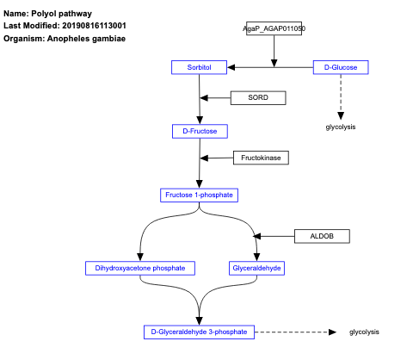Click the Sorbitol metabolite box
click(200, 67)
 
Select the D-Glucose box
click(341, 67)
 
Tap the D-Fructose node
click(200, 131)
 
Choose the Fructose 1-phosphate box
click(199, 195)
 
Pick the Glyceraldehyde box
click(256, 268)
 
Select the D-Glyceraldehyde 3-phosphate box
click(199, 332)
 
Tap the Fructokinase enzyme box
click(262, 158)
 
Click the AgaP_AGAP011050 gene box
click(274, 28)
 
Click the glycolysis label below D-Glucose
click(341, 127)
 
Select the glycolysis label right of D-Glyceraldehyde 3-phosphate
click(364, 332)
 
